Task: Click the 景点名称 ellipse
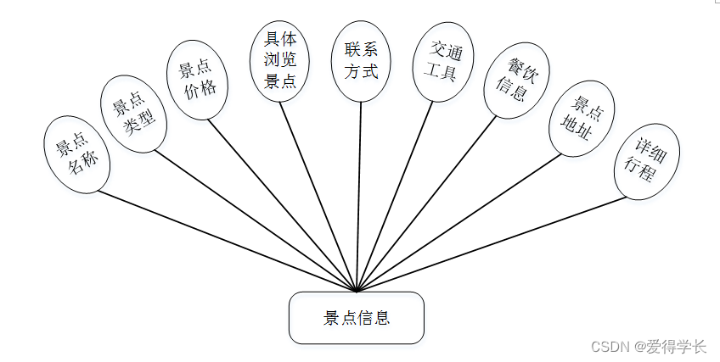[76, 153]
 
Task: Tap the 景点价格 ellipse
[197, 79]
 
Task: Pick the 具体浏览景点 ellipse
[279, 60]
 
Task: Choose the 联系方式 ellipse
[361, 60]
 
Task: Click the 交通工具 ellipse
[442, 62]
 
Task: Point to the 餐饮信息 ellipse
[515, 80]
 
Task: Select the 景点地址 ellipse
[582, 119]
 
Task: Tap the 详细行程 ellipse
[647, 161]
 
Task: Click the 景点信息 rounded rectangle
[356, 318]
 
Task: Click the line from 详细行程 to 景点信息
[492, 245]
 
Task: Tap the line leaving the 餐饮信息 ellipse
[426, 204]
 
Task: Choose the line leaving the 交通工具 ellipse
[395, 196]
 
